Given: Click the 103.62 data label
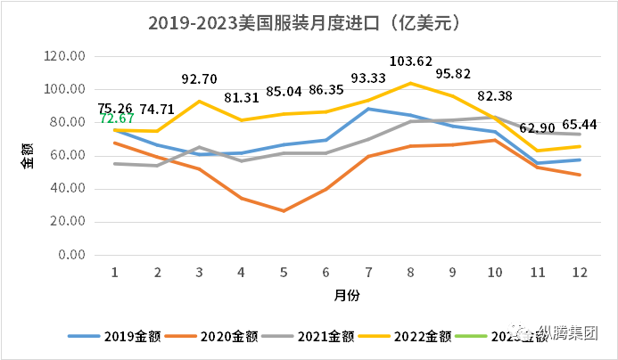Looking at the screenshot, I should [x=412, y=61].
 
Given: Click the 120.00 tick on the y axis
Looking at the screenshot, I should [x=65, y=56].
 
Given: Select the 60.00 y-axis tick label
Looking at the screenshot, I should [x=68, y=156].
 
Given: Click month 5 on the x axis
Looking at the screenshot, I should [x=284, y=272].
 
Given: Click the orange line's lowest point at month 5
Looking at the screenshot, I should [x=284, y=211].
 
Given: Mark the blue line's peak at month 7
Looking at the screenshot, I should [x=369, y=109].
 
